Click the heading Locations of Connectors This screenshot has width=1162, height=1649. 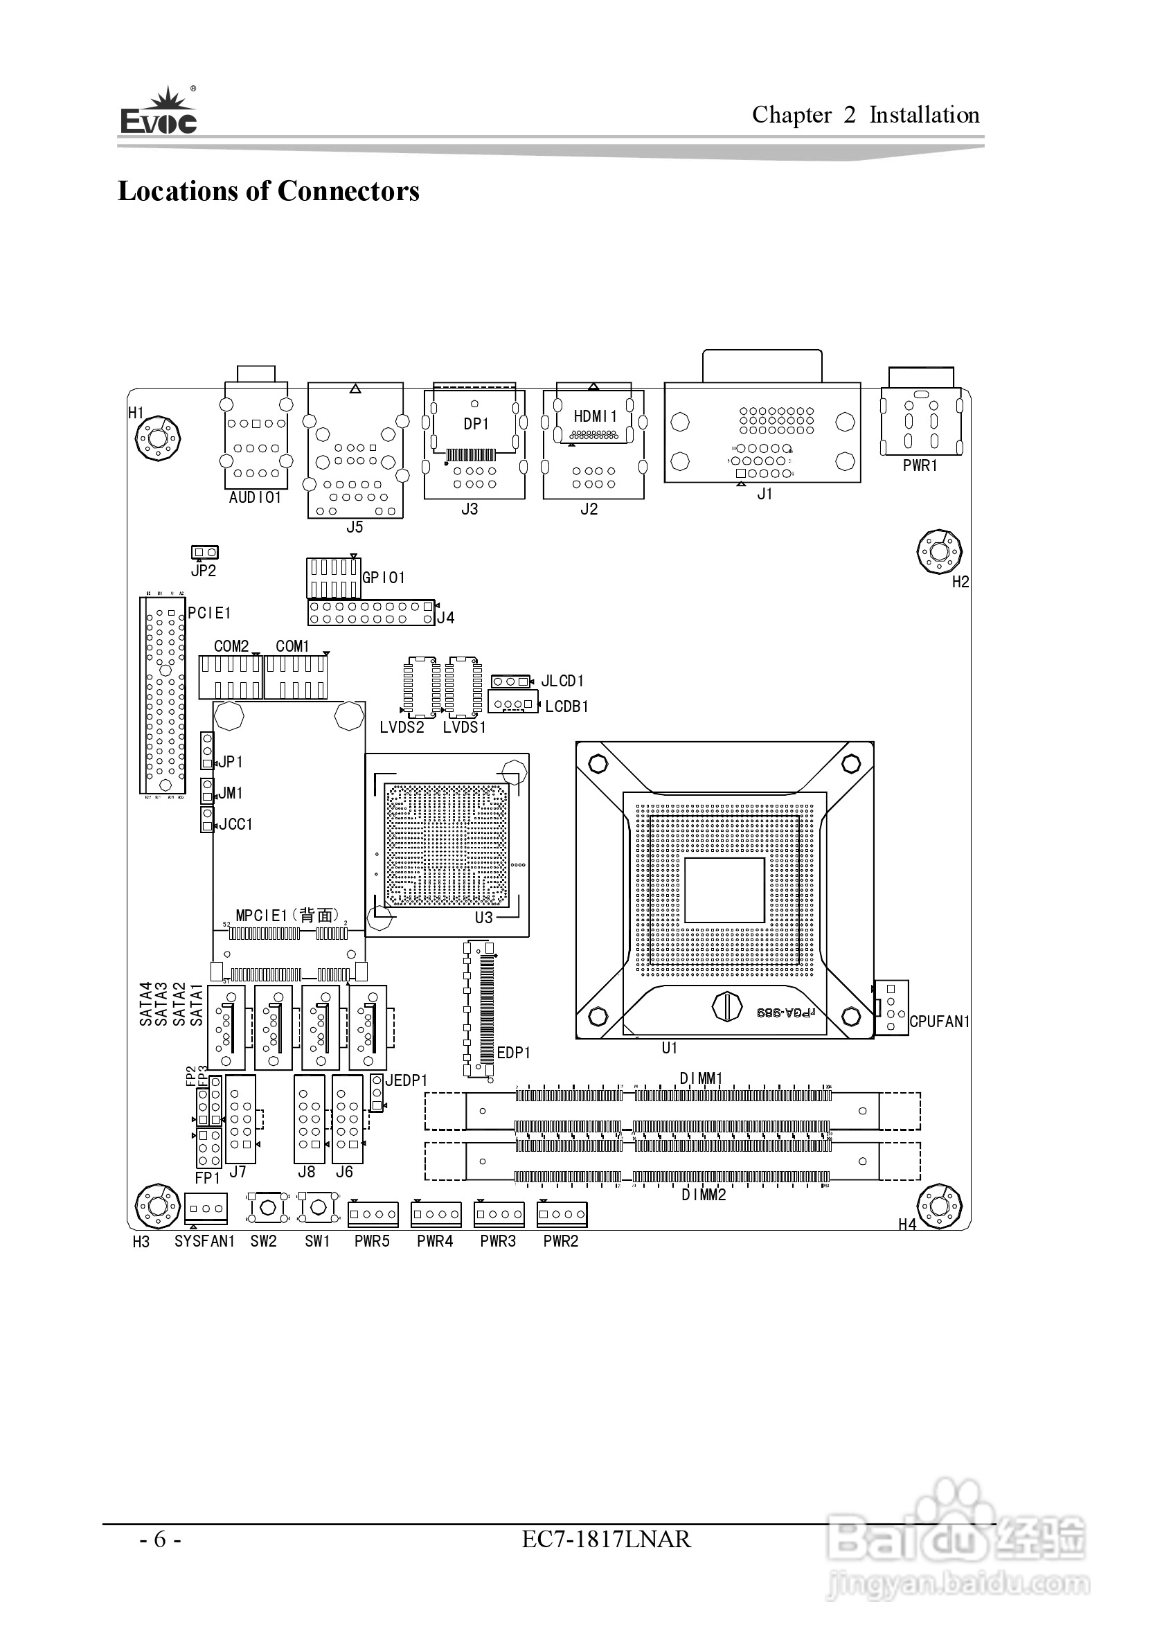pos(268,191)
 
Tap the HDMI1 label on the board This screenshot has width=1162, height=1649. pos(595,416)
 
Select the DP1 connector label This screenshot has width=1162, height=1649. pos(476,425)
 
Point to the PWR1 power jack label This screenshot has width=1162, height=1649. pos(920,466)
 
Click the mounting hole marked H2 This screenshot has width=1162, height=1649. pos(940,551)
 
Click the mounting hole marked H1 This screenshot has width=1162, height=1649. pos(158,438)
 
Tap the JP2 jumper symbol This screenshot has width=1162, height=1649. pos(205,552)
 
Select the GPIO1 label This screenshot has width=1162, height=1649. pos(384,578)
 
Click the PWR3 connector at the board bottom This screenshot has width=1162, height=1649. pos(499,1215)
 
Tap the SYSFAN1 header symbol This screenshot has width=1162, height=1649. pos(206,1208)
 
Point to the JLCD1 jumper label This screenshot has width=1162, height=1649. pos(562,681)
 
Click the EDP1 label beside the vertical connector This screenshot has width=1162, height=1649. pos(514,1053)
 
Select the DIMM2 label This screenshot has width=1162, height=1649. pos(703,1195)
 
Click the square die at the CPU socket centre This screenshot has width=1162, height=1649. pos(724,891)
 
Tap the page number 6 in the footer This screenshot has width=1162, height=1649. pos(160,1540)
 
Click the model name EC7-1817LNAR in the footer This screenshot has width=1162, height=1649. pos(606,1540)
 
